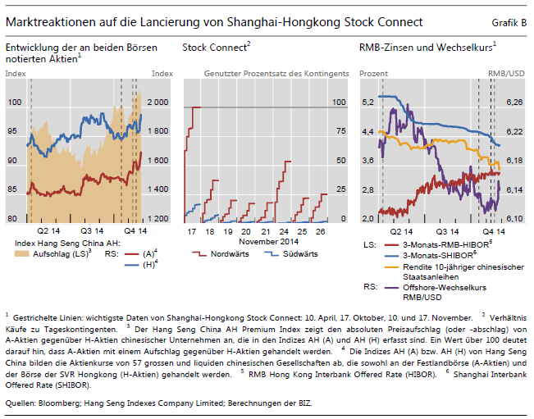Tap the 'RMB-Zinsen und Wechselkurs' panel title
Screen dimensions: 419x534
(426, 48)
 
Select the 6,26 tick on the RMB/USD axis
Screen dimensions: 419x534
(514, 102)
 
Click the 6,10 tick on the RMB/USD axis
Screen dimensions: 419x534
(514, 219)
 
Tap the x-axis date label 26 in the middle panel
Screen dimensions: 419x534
(322, 232)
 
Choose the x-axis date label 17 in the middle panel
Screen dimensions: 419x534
(192, 232)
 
